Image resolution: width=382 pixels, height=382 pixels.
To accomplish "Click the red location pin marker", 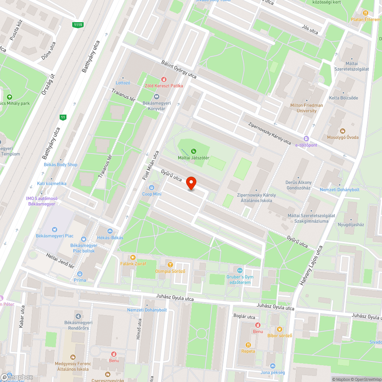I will pos(191,184).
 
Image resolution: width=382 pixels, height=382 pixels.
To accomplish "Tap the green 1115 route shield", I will pos(78,25).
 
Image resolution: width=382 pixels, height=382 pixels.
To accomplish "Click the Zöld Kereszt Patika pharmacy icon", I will pos(163,79).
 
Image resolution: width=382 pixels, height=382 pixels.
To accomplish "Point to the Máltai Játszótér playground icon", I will pos(194,151).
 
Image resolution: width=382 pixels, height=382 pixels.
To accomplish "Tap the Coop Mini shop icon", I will pos(152,188).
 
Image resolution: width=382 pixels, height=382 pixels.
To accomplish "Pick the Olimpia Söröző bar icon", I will pos(170,264).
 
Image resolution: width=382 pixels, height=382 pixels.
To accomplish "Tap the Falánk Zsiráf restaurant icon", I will pos(133,257).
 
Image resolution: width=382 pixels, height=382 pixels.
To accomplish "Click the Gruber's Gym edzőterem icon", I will pos(240,270).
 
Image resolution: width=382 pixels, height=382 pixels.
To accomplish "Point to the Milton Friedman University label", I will pos(306,108).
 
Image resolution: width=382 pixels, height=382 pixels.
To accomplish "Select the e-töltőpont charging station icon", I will pos(306,139).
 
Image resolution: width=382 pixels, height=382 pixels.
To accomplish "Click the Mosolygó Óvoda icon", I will pos(342,131).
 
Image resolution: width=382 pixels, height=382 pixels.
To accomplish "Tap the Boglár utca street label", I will pos(244,317).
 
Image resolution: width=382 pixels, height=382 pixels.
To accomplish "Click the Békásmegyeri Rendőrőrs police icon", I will pos(78,316).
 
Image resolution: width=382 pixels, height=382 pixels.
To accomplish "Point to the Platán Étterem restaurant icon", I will pos(366,13).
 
